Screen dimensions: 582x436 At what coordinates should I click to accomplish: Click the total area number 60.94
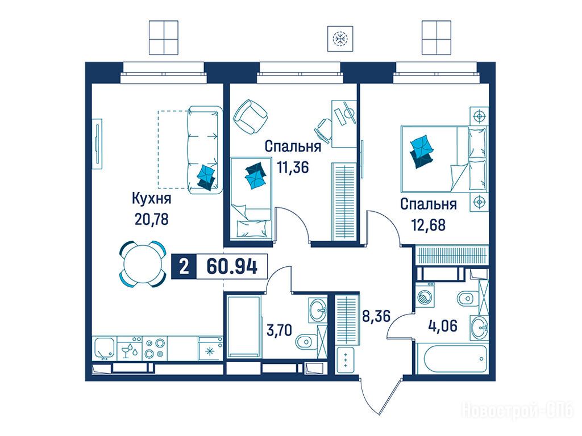tap(232, 266)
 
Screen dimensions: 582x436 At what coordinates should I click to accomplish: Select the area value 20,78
tap(151, 220)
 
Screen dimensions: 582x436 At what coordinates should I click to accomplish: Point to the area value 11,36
tap(293, 167)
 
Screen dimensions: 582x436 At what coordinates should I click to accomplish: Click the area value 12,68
tap(429, 225)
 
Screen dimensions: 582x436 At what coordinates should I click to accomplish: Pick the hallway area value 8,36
tap(376, 316)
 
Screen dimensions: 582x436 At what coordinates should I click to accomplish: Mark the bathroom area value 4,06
tap(443, 326)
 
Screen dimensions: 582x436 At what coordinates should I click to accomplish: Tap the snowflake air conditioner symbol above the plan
tap(340, 39)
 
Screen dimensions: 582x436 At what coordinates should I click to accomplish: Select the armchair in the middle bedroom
tap(251, 117)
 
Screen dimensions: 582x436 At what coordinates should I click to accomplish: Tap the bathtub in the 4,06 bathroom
tap(451, 359)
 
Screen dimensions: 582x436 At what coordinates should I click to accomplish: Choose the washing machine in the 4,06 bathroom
tap(425, 295)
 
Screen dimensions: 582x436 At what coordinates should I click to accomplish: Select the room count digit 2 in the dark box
tap(184, 266)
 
